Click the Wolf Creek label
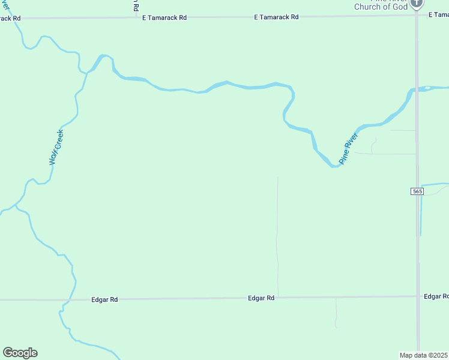click(x=56, y=148)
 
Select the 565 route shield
click(x=418, y=191)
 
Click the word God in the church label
click(x=399, y=7)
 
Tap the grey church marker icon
click(x=417, y=4)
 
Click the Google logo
click(x=20, y=353)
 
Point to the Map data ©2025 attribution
click(x=424, y=355)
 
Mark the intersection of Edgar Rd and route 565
click(x=418, y=296)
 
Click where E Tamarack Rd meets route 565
click(x=417, y=16)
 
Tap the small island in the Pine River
click(x=427, y=88)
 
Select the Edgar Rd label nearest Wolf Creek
click(x=104, y=299)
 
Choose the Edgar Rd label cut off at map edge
click(x=436, y=296)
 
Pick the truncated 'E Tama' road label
click(x=439, y=14)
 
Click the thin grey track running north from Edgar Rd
click(x=277, y=240)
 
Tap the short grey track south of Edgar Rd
click(x=336, y=312)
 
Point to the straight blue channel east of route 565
click(x=421, y=210)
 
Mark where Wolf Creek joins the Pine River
click(x=88, y=72)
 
